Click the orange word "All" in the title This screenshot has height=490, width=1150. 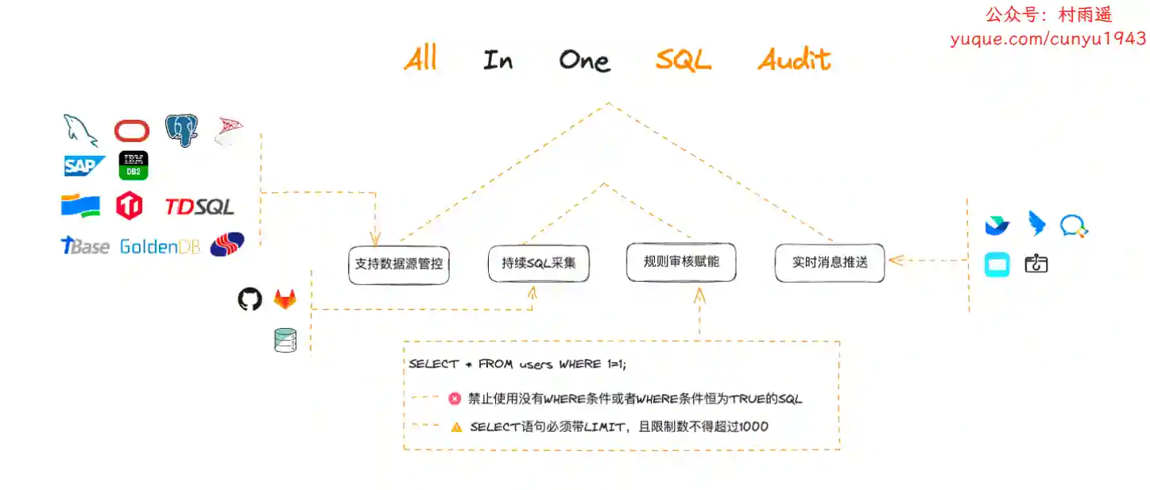coord(420,58)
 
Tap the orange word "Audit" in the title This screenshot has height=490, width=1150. coord(794,60)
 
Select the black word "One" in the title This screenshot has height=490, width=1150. coord(585,60)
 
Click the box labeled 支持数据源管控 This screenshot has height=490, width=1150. coord(399,264)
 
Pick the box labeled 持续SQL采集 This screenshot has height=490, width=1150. coord(539,263)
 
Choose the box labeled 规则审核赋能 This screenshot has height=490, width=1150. coord(681,262)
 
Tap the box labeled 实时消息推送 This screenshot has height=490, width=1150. coord(830,263)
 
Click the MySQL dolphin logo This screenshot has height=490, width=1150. coord(80,130)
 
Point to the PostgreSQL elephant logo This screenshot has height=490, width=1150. coord(182,130)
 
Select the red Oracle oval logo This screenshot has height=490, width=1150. coord(132,131)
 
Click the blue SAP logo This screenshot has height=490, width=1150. coord(83,166)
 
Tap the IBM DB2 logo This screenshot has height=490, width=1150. coord(134,165)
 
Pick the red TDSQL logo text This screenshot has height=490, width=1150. coord(199,206)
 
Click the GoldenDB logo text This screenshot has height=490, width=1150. coord(160,247)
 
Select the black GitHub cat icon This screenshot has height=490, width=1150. coord(250,299)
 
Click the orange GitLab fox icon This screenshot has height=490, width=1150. coord(285,299)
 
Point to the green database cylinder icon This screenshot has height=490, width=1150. coord(285,340)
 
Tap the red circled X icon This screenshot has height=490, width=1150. coord(455,399)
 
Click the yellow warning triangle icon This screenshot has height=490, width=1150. coord(456,427)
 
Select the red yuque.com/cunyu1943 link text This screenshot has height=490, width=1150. coord(1048,39)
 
